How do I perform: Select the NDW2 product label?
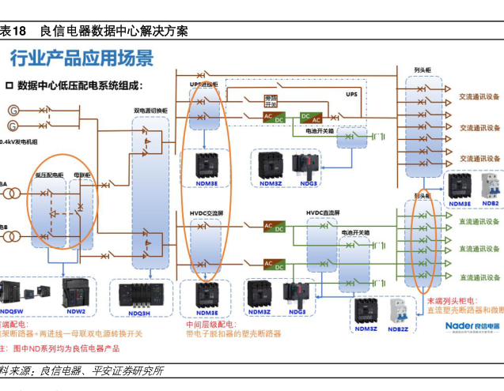(76, 311)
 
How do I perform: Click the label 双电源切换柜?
(150, 111)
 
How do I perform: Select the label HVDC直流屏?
(323, 212)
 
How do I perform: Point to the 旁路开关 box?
(271, 100)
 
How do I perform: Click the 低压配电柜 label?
(49, 174)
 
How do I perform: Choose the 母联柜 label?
(81, 174)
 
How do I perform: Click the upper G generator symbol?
(13, 111)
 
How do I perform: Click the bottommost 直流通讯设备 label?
(479, 277)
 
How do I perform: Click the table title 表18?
(13, 32)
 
